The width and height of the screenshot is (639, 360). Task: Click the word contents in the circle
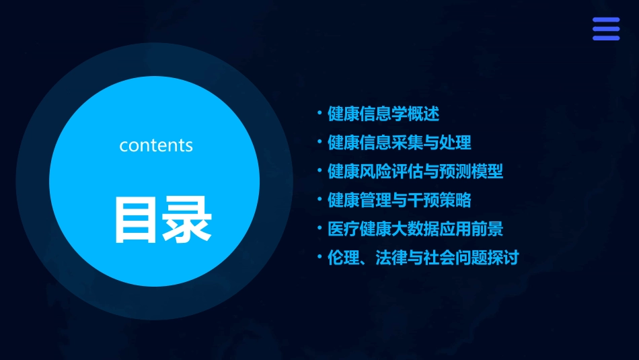[x=156, y=145]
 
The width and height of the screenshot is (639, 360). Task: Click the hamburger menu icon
[x=605, y=29]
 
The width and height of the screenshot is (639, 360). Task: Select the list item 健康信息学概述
[x=383, y=114]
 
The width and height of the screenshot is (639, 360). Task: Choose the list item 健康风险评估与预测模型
[x=415, y=171]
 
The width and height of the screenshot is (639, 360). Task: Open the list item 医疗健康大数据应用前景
[x=415, y=229]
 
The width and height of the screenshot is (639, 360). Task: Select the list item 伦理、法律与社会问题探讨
[x=423, y=257]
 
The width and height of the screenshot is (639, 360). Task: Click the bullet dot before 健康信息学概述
[x=320, y=114]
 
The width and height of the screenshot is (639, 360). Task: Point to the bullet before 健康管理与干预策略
[x=320, y=200]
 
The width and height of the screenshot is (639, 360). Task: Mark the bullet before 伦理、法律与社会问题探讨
[x=320, y=257]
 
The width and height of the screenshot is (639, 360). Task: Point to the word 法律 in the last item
[x=391, y=257]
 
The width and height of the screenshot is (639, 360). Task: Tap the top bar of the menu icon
[x=605, y=20]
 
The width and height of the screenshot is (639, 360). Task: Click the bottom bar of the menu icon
[x=605, y=38]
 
